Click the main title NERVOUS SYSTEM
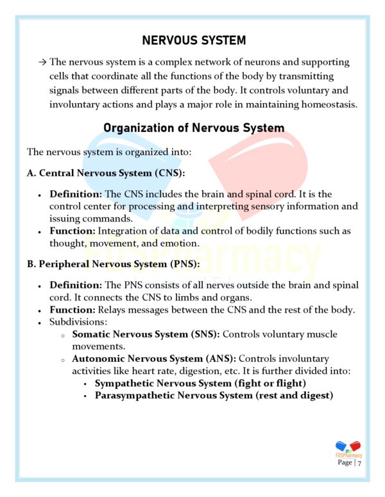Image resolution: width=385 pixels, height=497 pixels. pyautogui.click(x=194, y=40)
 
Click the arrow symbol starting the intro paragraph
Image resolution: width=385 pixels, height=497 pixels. pyautogui.click(x=42, y=62)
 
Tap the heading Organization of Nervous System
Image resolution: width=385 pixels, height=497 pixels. pyautogui.click(x=194, y=128)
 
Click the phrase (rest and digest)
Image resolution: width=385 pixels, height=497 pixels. pyautogui.click(x=293, y=395)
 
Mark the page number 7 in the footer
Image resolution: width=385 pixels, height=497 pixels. pyautogui.click(x=361, y=462)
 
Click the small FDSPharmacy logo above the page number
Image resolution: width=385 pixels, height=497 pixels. pyautogui.click(x=348, y=448)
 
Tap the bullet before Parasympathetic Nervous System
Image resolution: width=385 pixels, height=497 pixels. pyautogui.click(x=85, y=396)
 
